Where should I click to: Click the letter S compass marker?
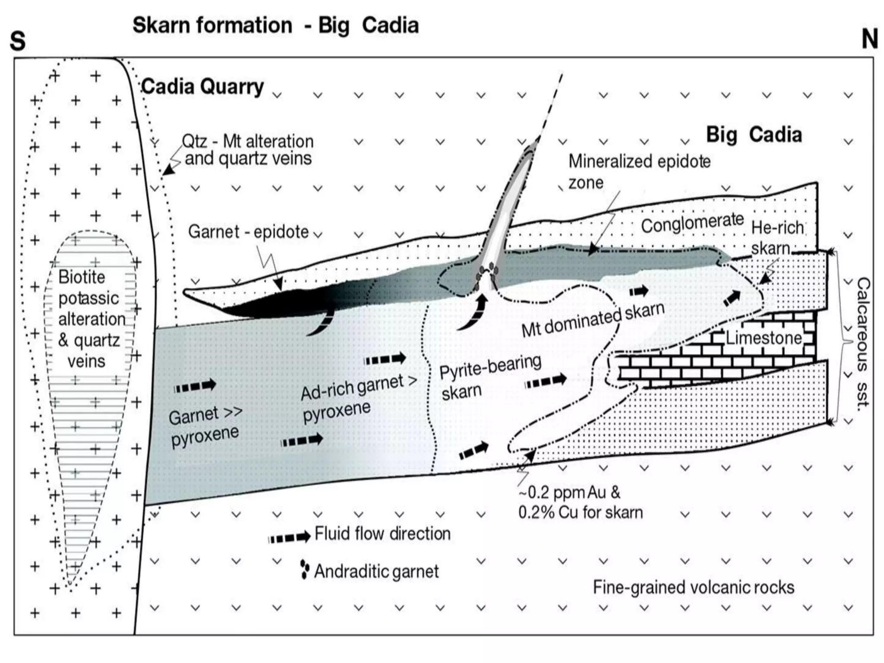point(18,41)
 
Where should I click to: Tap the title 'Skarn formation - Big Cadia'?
point(275,25)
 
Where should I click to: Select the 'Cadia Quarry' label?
point(202,87)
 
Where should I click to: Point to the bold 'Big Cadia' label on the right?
point(754,135)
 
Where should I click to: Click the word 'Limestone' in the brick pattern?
point(763,338)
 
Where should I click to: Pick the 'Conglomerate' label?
point(692,224)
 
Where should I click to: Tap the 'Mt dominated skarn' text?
point(593,320)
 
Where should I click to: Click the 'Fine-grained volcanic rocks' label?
point(693,587)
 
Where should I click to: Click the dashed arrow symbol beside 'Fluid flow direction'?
point(289,537)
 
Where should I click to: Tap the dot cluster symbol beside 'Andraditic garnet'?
point(305,570)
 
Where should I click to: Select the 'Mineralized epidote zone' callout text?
point(639,171)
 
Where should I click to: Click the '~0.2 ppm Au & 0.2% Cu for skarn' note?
point(580,502)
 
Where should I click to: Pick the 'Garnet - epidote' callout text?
point(248,232)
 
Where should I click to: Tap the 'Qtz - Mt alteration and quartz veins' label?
point(247,150)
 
